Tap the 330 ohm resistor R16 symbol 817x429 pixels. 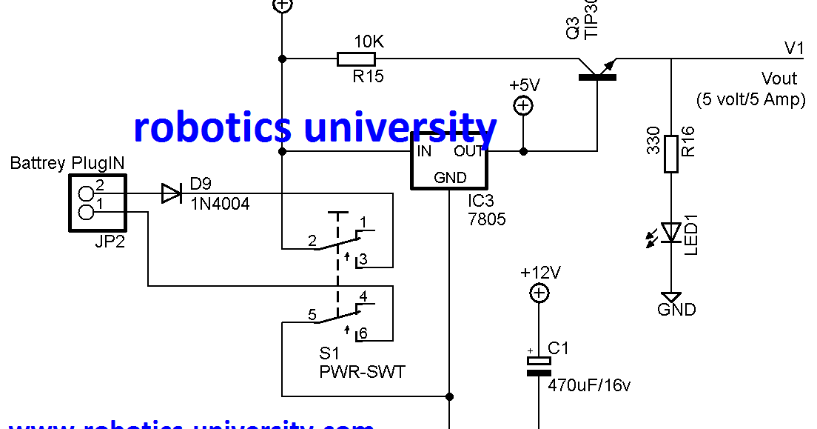(670, 154)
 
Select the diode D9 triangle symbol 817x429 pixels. (172, 194)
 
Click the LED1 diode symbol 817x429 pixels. (670, 233)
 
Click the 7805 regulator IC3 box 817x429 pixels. (449, 161)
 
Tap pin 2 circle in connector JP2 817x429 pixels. (87, 194)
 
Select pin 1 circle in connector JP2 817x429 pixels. (87, 213)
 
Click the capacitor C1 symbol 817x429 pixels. (539, 366)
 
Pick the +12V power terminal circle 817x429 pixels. (539, 294)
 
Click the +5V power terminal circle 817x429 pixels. (523, 106)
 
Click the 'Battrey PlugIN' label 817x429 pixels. (67, 163)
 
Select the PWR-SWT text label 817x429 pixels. (362, 372)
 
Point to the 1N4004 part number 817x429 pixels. (221, 202)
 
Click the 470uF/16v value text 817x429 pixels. (589, 385)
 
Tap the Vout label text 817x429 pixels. (779, 79)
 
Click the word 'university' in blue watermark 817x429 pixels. (400, 127)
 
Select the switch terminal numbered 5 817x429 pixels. (312, 314)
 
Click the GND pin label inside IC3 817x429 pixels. (450, 178)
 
